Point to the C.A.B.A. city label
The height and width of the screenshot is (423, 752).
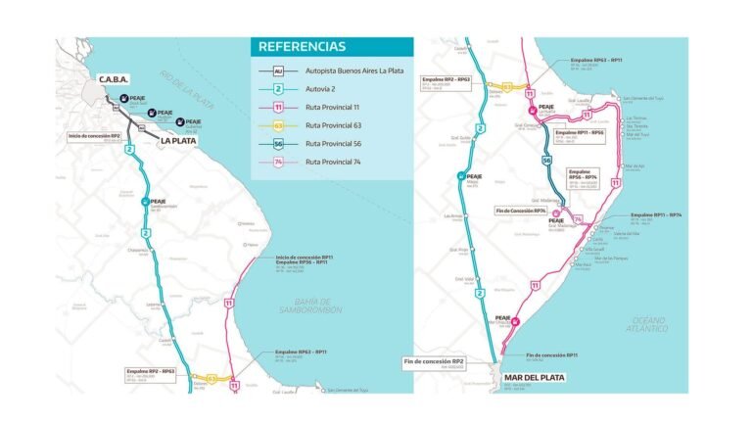click(114, 79)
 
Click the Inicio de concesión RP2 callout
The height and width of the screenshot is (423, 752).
click(94, 137)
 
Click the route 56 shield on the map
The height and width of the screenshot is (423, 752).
click(546, 160)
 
